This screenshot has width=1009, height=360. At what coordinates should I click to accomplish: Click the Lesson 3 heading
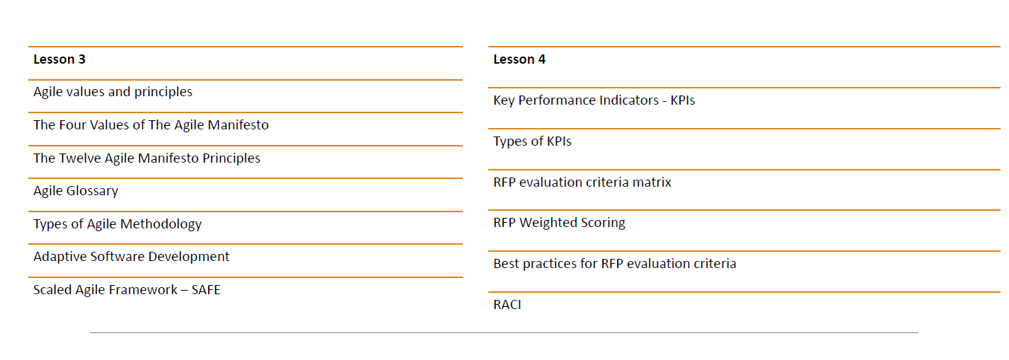coord(59,59)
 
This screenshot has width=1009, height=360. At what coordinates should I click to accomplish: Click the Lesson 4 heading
coord(519,59)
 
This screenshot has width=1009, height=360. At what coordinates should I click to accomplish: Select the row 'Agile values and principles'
coord(113,92)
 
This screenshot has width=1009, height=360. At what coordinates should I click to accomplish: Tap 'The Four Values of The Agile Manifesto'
coord(151,125)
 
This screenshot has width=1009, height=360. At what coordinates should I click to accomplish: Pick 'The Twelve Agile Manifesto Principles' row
coord(147,158)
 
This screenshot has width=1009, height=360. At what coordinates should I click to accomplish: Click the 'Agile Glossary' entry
coord(76,191)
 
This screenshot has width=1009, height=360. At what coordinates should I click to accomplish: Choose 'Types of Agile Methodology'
coord(117,224)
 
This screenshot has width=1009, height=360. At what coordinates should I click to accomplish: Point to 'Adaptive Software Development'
coord(131,257)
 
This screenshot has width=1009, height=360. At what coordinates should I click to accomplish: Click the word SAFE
coord(206,290)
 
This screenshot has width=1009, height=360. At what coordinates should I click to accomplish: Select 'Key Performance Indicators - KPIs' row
coord(594,100)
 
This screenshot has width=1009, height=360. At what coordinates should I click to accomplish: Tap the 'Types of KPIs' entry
coord(532,141)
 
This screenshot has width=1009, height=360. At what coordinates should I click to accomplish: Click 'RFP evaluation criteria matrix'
coord(582,182)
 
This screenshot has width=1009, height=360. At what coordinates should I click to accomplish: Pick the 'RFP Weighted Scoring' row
coord(559,223)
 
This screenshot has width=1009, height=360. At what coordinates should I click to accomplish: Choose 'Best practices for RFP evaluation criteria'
coord(615,264)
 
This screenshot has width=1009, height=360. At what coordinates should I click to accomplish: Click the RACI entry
coord(507,305)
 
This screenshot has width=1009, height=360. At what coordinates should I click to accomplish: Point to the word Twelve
coord(80,158)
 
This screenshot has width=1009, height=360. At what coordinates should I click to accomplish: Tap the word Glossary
coord(93,191)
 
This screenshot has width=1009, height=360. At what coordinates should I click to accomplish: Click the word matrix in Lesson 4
coord(652,182)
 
